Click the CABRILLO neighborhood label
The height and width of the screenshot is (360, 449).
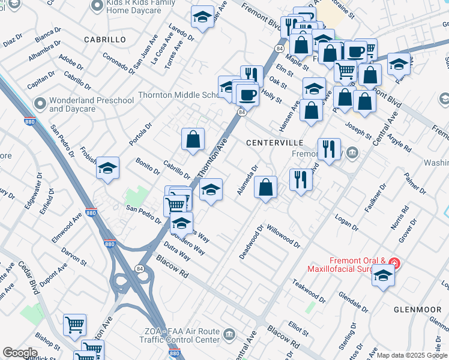pos(101,40)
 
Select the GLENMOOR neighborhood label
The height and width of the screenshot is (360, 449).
pos(417,310)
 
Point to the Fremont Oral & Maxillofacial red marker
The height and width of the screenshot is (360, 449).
pos(394,263)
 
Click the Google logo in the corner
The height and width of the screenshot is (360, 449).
pos(20,353)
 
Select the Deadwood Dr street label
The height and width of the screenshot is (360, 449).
pos(252,242)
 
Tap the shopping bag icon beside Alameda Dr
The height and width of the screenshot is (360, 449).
pos(265,188)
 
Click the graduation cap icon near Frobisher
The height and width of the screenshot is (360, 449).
pos(108,169)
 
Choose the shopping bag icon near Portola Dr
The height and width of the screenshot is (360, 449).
pos(193,140)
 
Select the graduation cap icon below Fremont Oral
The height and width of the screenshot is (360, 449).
pos(383,276)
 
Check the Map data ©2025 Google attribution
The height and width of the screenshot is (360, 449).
pos(411,355)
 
